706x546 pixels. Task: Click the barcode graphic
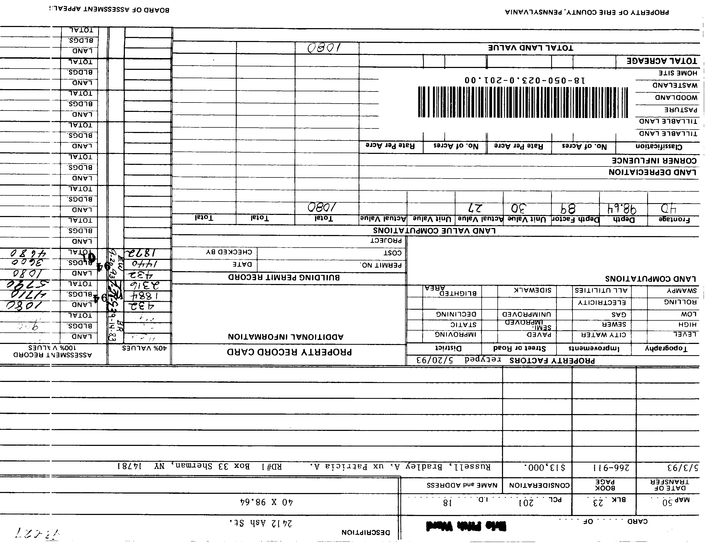pos(523,102)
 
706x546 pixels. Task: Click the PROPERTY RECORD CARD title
pos(289,352)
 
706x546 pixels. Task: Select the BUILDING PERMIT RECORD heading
pos(284,277)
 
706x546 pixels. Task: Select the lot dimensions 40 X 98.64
pos(266,502)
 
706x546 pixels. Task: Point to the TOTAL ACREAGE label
pos(662,61)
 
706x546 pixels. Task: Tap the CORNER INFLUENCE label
pos(654,160)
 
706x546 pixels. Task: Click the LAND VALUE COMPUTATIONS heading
pos(434,231)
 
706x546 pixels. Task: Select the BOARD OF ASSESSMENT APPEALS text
pos(109,9)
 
